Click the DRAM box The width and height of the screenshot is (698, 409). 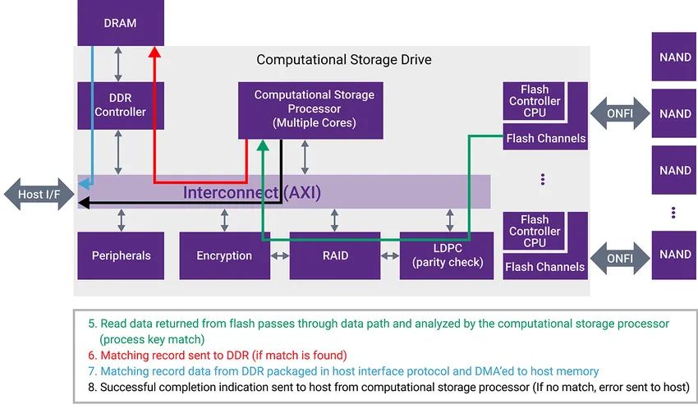pyautogui.click(x=121, y=23)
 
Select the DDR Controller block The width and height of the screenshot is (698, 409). pyautogui.click(x=121, y=105)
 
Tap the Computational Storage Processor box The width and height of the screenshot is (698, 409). pyautogui.click(x=310, y=110)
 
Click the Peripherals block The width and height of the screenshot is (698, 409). pyautogui.click(x=121, y=255)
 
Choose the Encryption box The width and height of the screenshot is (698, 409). pyautogui.click(x=224, y=255)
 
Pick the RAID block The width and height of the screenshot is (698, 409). pyautogui.click(x=335, y=255)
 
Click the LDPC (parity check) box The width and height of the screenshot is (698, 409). pyautogui.click(x=447, y=255)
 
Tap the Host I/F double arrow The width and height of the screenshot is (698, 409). pyautogui.click(x=39, y=194)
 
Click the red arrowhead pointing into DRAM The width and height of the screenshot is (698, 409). pyautogui.click(x=154, y=52)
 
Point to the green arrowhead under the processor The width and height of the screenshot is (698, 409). pyautogui.click(x=263, y=145)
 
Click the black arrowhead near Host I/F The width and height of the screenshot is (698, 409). pyautogui.click(x=84, y=203)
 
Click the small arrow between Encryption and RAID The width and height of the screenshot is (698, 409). pyautogui.click(x=280, y=256)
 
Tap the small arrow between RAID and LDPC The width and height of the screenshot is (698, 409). pyautogui.click(x=390, y=256)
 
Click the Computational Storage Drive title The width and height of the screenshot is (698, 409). pyautogui.click(x=343, y=60)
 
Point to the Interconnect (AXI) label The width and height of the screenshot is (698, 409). pyautogui.click(x=252, y=193)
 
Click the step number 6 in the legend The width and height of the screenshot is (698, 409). pyautogui.click(x=92, y=355)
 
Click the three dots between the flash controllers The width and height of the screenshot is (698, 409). pyautogui.click(x=543, y=179)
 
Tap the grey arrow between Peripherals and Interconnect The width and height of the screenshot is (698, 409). pyautogui.click(x=121, y=220)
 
